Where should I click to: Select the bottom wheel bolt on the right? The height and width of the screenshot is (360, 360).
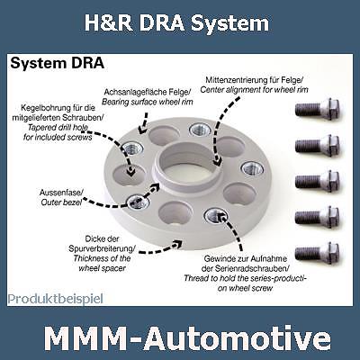(318, 253)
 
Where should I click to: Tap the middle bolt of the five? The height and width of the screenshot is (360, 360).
(318, 181)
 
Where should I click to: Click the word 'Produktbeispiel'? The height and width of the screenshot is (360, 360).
(55, 299)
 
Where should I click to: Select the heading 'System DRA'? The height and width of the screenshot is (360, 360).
(58, 64)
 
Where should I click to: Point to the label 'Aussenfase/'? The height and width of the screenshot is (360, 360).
(61, 192)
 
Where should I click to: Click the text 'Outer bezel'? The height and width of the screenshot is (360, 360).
(61, 202)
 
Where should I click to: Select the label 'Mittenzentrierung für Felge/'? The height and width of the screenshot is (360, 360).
(255, 80)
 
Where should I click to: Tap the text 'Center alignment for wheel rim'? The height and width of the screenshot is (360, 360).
(254, 90)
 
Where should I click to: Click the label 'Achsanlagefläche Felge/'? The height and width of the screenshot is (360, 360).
(147, 92)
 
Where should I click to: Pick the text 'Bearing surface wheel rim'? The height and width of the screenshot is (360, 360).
(147, 102)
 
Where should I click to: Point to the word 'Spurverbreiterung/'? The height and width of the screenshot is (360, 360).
(102, 248)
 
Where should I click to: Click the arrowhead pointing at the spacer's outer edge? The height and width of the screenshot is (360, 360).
(178, 243)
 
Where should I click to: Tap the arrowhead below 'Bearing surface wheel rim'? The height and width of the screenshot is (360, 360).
(142, 130)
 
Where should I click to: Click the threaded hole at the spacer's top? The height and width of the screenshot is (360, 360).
(199, 130)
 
